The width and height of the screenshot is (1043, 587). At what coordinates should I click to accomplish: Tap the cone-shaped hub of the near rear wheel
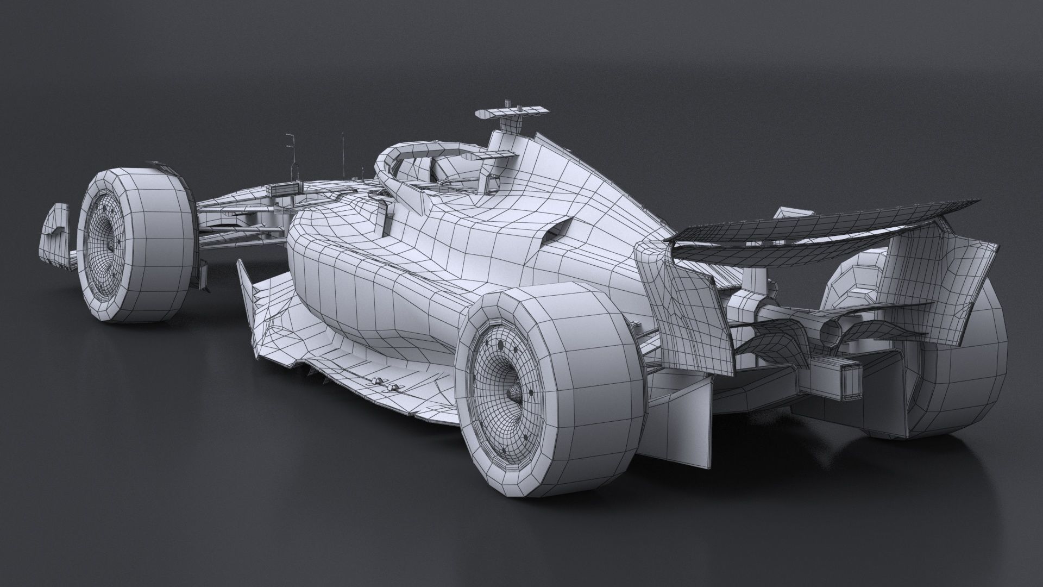coord(512,392)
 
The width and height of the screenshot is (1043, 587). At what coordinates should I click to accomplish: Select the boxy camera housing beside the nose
coord(282,190)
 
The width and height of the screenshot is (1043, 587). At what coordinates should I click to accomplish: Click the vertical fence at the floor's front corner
coord(247,293)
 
